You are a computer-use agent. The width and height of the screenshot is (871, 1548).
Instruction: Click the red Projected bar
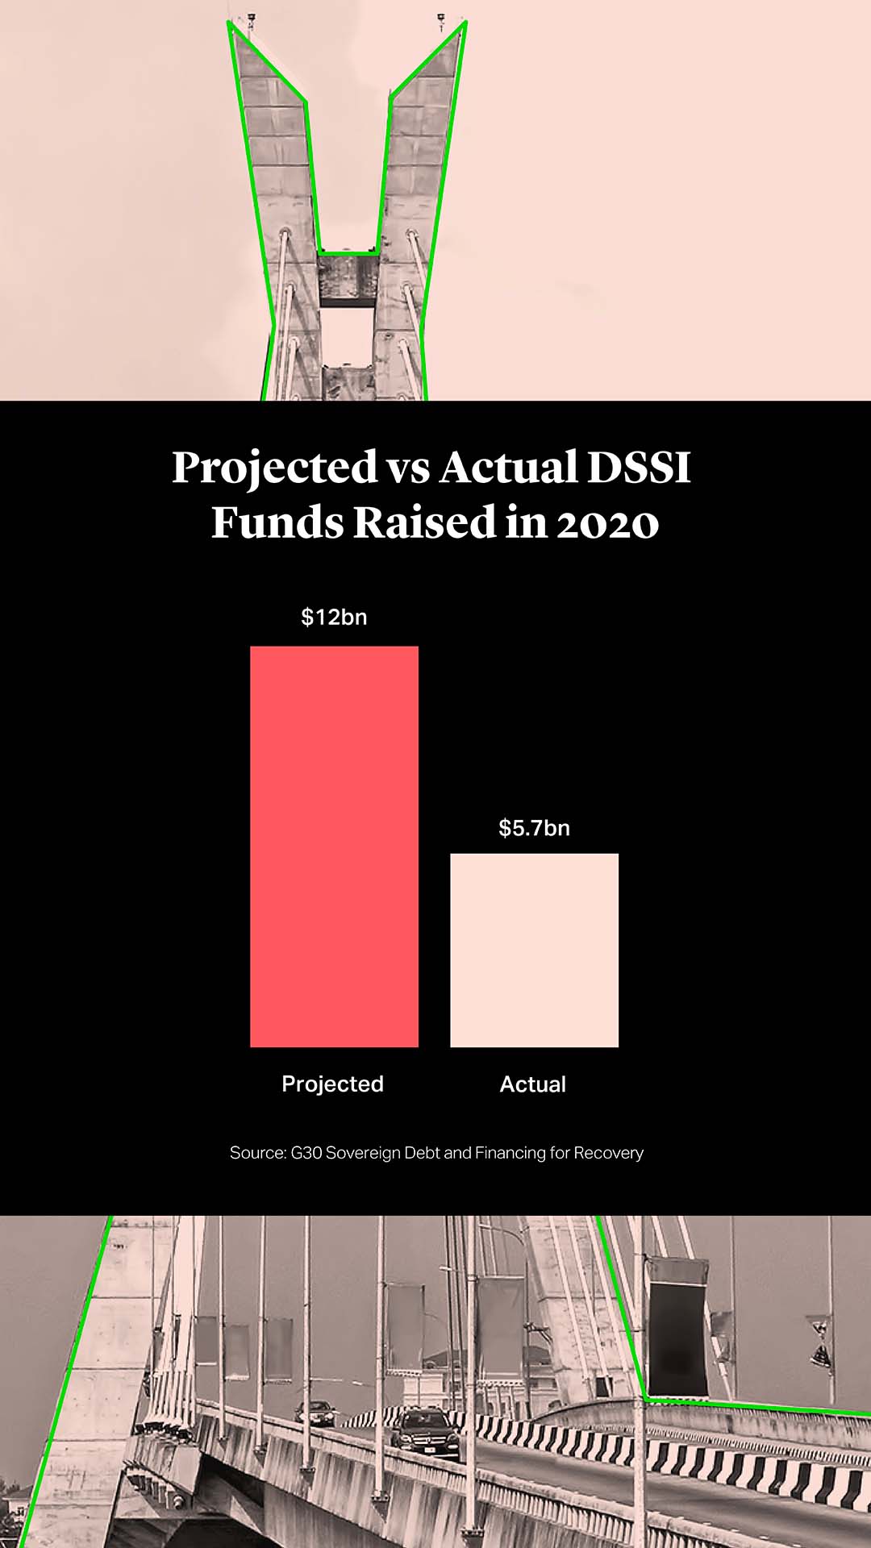pyautogui.click(x=334, y=847)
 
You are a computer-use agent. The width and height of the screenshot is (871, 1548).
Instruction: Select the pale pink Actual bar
pyautogui.click(x=534, y=950)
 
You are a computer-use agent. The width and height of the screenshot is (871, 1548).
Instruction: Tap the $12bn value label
pyautogui.click(x=334, y=618)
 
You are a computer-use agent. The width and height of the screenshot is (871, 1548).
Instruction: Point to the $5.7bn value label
pyautogui.click(x=534, y=828)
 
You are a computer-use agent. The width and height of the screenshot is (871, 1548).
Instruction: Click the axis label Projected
pyautogui.click(x=332, y=1084)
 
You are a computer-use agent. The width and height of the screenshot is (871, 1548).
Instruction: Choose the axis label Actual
pyautogui.click(x=533, y=1084)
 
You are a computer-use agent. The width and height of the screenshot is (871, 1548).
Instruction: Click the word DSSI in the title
pyautogui.click(x=639, y=468)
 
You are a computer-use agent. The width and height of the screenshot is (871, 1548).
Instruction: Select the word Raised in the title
pyautogui.click(x=424, y=522)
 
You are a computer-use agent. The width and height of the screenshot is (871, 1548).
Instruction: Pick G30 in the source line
pyautogui.click(x=306, y=1153)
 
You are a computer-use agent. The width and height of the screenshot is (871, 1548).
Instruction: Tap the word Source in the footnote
pyautogui.click(x=257, y=1153)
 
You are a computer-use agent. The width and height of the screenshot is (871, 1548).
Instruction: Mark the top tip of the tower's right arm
pyautogui.click(x=464, y=24)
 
